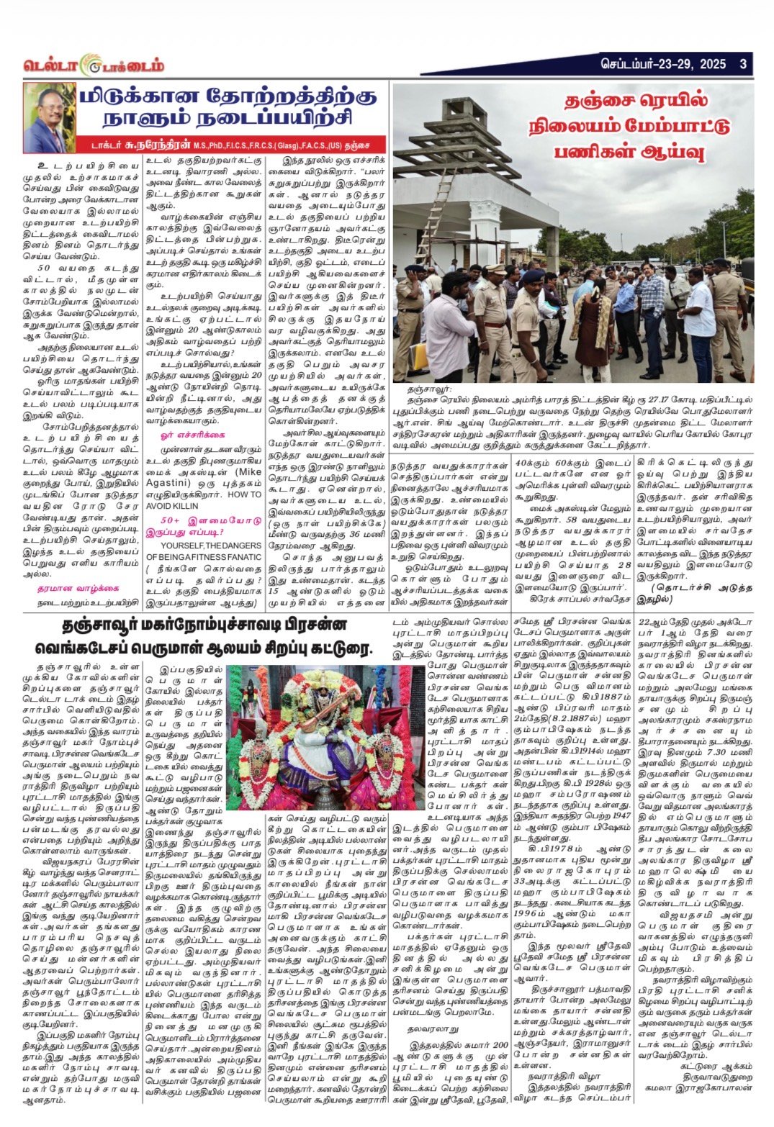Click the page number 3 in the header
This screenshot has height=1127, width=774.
point(742,64)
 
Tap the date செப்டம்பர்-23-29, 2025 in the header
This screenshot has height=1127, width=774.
point(663,64)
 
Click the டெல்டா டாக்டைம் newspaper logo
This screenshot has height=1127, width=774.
point(94,65)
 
